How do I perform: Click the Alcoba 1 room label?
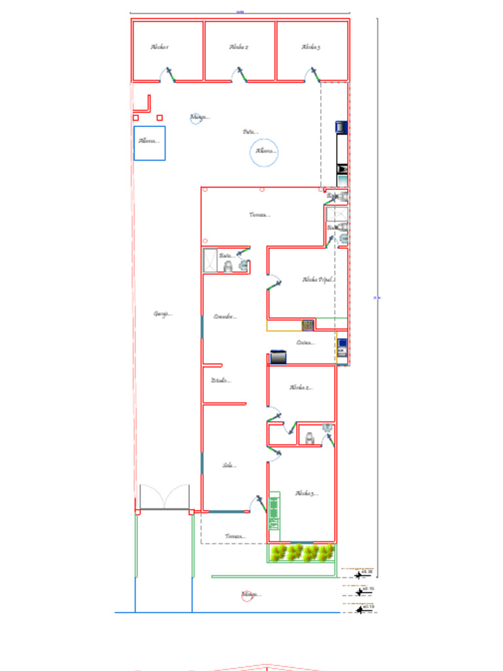click(160, 47)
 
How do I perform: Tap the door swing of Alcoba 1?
click(168, 74)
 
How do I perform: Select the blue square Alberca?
click(149, 143)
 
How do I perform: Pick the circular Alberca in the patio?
click(265, 152)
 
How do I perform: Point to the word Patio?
click(250, 132)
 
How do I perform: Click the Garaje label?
click(162, 314)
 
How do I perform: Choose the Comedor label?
click(225, 316)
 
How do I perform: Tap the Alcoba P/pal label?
click(318, 280)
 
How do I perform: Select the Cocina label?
click(305, 342)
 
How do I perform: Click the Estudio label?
click(221, 381)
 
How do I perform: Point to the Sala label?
click(229, 465)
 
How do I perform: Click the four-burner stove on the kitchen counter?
click(308, 325)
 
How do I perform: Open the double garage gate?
click(164, 498)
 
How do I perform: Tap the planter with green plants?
click(302, 553)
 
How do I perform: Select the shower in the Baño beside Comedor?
click(210, 260)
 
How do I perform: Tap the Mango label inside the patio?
click(198, 118)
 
